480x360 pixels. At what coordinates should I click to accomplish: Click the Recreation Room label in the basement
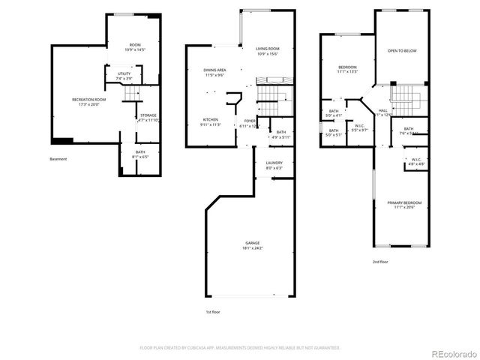tap(88, 100)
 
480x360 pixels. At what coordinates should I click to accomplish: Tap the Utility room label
tap(124, 73)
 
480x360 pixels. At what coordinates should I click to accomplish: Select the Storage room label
tap(147, 115)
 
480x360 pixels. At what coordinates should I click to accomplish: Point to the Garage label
tap(252, 243)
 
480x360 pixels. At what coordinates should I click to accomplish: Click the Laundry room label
tap(274, 163)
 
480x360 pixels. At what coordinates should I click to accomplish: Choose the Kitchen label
tap(210, 120)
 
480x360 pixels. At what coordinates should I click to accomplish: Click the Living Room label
tap(268, 49)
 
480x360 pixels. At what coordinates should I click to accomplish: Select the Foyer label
tap(249, 121)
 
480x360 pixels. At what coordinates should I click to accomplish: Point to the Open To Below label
tap(402, 51)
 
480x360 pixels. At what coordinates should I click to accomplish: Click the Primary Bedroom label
tap(404, 202)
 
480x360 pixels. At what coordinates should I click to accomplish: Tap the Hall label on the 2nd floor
tap(383, 110)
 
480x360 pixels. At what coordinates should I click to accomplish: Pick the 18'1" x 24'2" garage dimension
tap(252, 248)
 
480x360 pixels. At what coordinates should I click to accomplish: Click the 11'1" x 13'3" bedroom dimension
tap(346, 72)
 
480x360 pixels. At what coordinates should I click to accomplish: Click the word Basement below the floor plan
tap(58, 159)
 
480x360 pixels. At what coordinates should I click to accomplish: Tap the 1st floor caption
tap(214, 311)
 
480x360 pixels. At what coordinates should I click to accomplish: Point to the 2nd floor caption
tap(380, 262)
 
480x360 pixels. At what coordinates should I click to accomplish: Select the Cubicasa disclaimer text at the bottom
tap(240, 348)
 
